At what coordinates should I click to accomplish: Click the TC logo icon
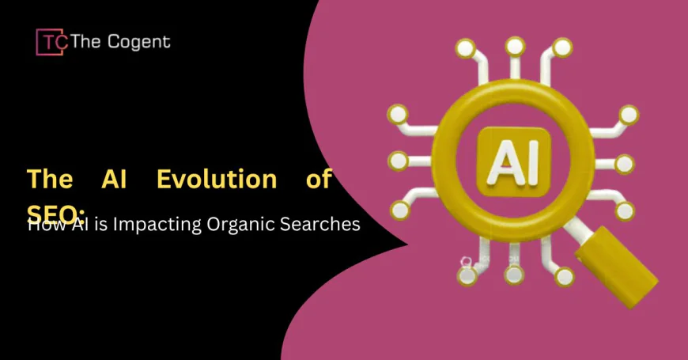[x=51, y=41]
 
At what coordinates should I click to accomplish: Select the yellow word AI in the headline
[x=115, y=179]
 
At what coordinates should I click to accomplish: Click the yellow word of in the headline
[x=319, y=179]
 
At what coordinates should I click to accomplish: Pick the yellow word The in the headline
[x=51, y=179]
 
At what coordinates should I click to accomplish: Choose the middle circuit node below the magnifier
[x=515, y=275]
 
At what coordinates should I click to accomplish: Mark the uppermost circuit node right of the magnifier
[x=629, y=115]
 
